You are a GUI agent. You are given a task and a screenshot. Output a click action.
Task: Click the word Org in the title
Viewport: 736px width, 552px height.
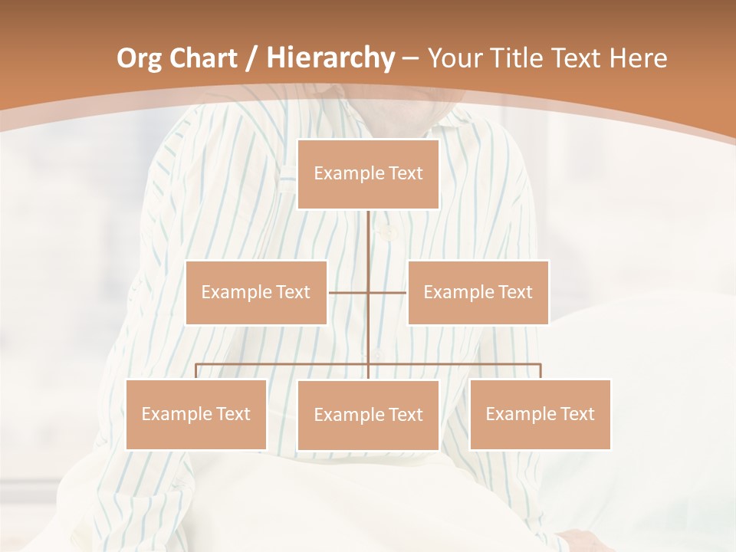(140, 58)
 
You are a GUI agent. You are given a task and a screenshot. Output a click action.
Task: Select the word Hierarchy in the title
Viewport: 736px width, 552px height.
(330, 58)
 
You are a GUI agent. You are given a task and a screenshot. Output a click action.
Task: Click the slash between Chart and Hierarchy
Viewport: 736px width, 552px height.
(253, 59)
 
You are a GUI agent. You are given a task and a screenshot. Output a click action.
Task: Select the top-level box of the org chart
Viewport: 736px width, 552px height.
(368, 174)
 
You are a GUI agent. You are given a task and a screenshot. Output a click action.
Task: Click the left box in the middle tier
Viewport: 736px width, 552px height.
(256, 292)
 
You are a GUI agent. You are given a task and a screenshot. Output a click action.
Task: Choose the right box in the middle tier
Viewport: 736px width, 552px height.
(478, 292)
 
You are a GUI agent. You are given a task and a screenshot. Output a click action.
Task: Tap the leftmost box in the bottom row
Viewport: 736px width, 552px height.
(195, 414)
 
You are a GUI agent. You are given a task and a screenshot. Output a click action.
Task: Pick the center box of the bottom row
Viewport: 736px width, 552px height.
(368, 415)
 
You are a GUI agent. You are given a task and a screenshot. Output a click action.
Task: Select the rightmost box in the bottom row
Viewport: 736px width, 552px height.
(540, 414)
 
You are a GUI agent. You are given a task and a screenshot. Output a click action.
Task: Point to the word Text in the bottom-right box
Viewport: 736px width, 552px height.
(577, 414)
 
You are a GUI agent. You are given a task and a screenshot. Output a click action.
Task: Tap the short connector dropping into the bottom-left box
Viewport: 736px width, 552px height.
(195, 371)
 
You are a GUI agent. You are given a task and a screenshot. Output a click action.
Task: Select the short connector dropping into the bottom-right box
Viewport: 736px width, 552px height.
(540, 371)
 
